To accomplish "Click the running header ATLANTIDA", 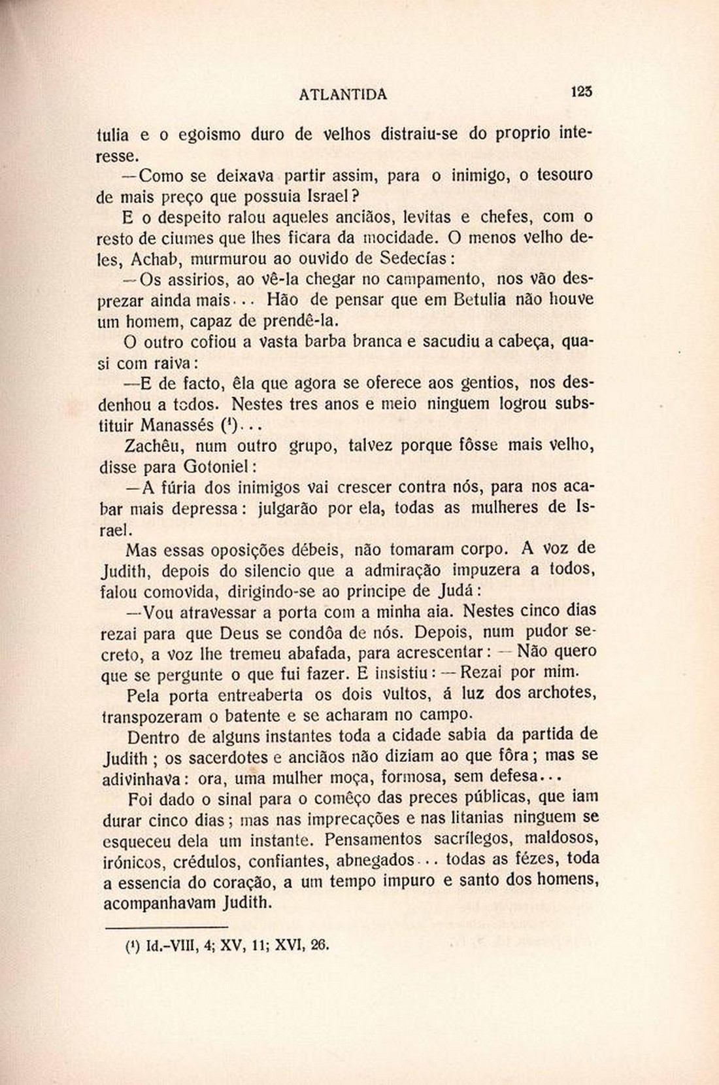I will [x=343, y=95].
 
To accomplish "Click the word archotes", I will [x=563, y=693].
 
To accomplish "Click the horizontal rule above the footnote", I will [x=166, y=927].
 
